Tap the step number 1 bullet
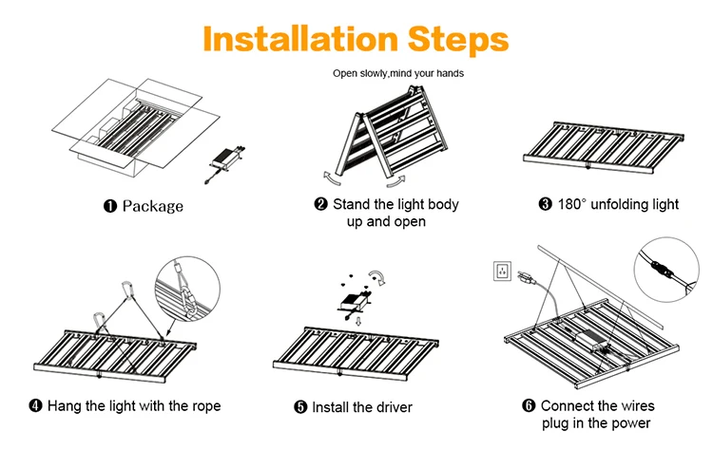[x=109, y=205]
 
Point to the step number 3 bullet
[x=546, y=204]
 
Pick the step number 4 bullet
[x=36, y=405]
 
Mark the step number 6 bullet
[x=530, y=405]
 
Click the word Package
[x=153, y=205]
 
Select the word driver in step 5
[x=391, y=407]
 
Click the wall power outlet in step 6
[x=500, y=271]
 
